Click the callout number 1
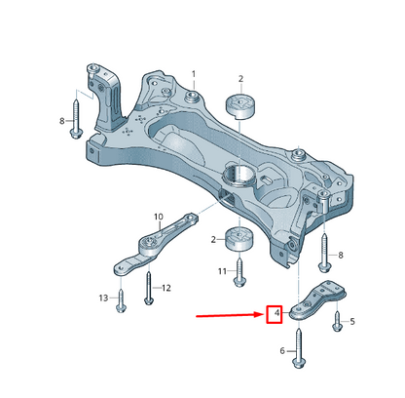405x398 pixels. click(x=194, y=74)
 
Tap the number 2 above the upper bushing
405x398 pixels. click(x=240, y=79)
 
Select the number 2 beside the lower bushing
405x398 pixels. click(x=213, y=240)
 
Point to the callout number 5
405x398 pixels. click(x=352, y=322)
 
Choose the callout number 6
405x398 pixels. click(x=282, y=351)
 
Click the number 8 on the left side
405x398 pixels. click(x=62, y=121)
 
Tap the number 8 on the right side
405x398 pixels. click(x=340, y=255)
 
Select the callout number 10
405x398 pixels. click(x=159, y=217)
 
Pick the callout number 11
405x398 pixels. click(x=222, y=271)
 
